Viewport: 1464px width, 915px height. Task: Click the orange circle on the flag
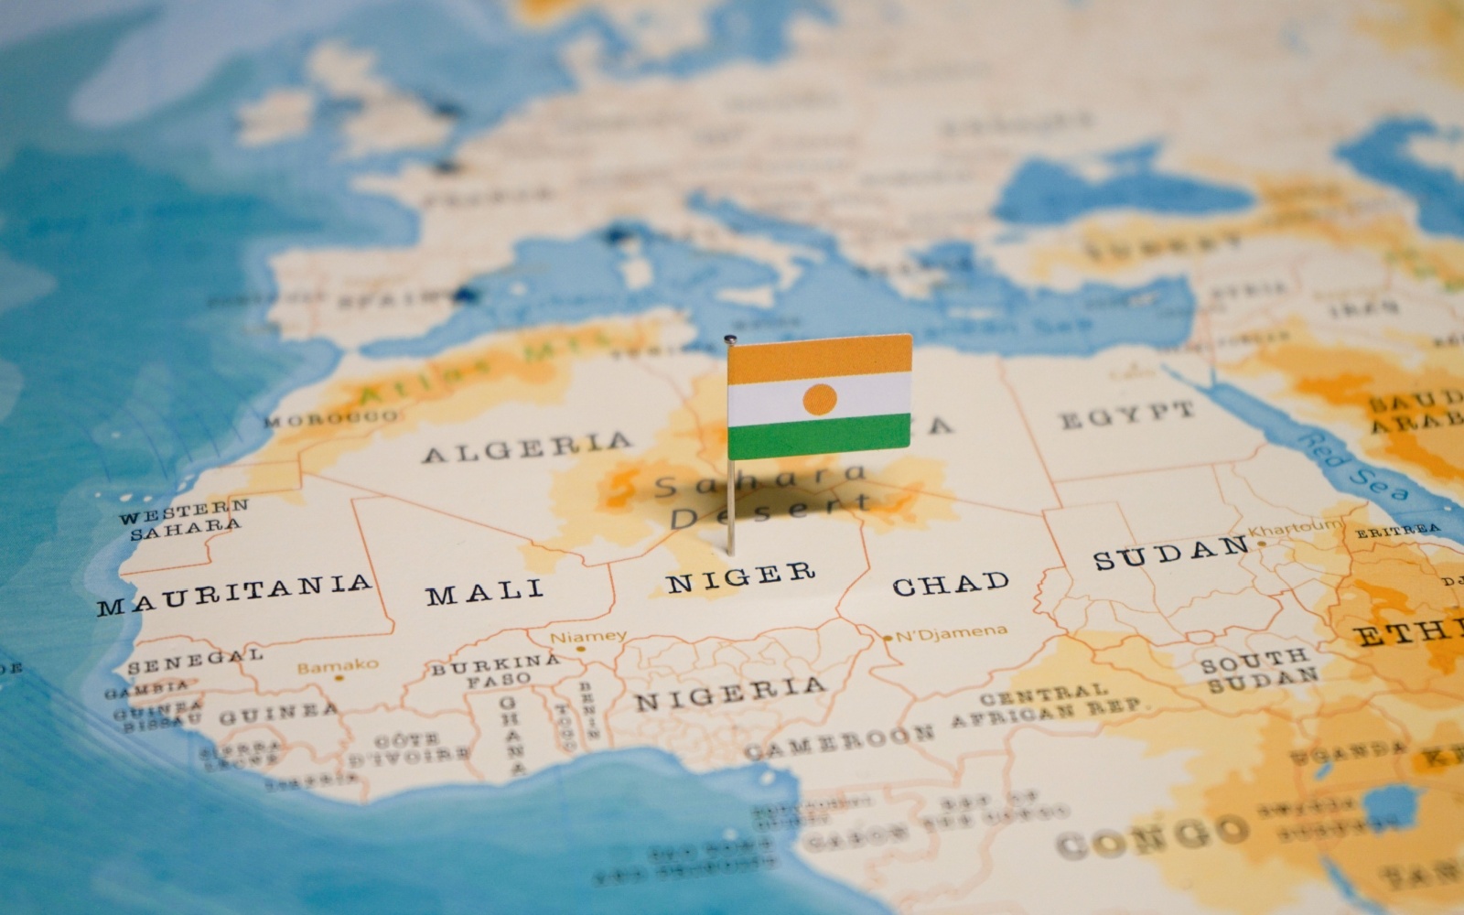pyautogui.click(x=819, y=398)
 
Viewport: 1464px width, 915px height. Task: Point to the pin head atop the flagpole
pyautogui.click(x=729, y=340)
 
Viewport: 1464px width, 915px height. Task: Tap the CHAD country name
pyautogui.click(x=951, y=583)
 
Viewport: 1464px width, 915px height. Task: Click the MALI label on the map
pyautogui.click(x=485, y=591)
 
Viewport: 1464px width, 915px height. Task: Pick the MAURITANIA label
pyautogui.click(x=235, y=592)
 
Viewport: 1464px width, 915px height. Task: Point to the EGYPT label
pyautogui.click(x=1126, y=415)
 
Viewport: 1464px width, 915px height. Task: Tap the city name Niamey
pyautogui.click(x=588, y=635)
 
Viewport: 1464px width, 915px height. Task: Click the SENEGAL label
pyautogui.click(x=195, y=661)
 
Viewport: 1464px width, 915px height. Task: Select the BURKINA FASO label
pyautogui.click(x=495, y=670)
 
